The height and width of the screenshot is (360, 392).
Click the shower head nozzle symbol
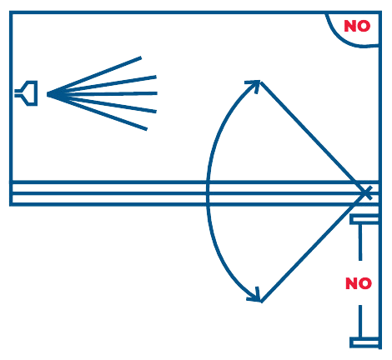pyautogui.click(x=30, y=93)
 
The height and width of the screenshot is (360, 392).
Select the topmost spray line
pyautogui.click(x=94, y=76)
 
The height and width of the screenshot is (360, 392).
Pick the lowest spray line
pyautogui.click(x=98, y=112)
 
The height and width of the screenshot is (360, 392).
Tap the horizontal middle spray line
pyautogui.click(x=103, y=94)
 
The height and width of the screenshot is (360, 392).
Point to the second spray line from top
pyautogui.click(x=102, y=86)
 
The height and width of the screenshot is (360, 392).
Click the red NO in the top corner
pyautogui.click(x=357, y=26)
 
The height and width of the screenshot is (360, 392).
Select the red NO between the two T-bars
pyautogui.click(x=359, y=283)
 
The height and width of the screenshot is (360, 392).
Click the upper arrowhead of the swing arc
pyautogui.click(x=254, y=84)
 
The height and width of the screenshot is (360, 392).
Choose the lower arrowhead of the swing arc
pyautogui.click(x=255, y=297)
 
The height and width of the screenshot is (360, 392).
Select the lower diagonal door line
pyautogui.click(x=314, y=247)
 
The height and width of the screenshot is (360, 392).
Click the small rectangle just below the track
pyautogui.click(x=364, y=219)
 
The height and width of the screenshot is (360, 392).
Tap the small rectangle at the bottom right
pyautogui.click(x=364, y=342)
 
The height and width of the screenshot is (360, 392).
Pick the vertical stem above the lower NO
pyautogui.click(x=360, y=242)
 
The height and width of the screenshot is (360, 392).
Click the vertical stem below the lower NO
pyautogui.click(x=360, y=321)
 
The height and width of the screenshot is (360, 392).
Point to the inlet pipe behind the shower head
pyautogui.click(x=18, y=93)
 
